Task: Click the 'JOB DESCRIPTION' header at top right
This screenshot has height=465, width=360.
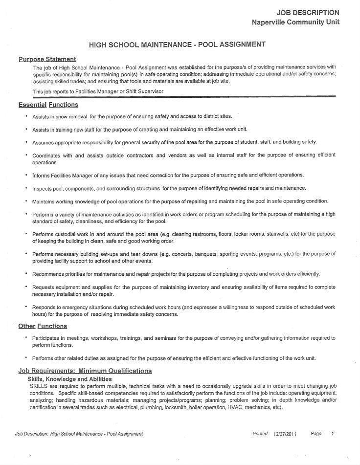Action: click(308, 12)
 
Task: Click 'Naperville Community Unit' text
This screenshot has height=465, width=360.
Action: click(295, 22)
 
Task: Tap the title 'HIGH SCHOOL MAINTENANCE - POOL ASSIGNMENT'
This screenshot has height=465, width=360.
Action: click(177, 44)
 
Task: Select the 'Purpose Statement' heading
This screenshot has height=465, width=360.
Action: click(47, 59)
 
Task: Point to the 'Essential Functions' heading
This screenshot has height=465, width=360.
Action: click(48, 105)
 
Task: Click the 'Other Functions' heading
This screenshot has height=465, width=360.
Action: click(43, 326)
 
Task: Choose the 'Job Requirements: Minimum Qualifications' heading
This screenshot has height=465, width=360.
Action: click(85, 371)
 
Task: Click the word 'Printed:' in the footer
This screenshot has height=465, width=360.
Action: click(261, 433)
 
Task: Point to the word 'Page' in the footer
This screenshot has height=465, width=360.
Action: click(316, 433)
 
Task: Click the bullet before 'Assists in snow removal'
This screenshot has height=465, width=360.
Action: click(25, 116)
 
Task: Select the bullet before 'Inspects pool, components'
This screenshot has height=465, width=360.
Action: click(25, 188)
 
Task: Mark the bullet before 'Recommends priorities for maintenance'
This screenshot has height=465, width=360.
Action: click(25, 273)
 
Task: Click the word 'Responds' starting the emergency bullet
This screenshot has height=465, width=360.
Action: click(44, 307)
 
